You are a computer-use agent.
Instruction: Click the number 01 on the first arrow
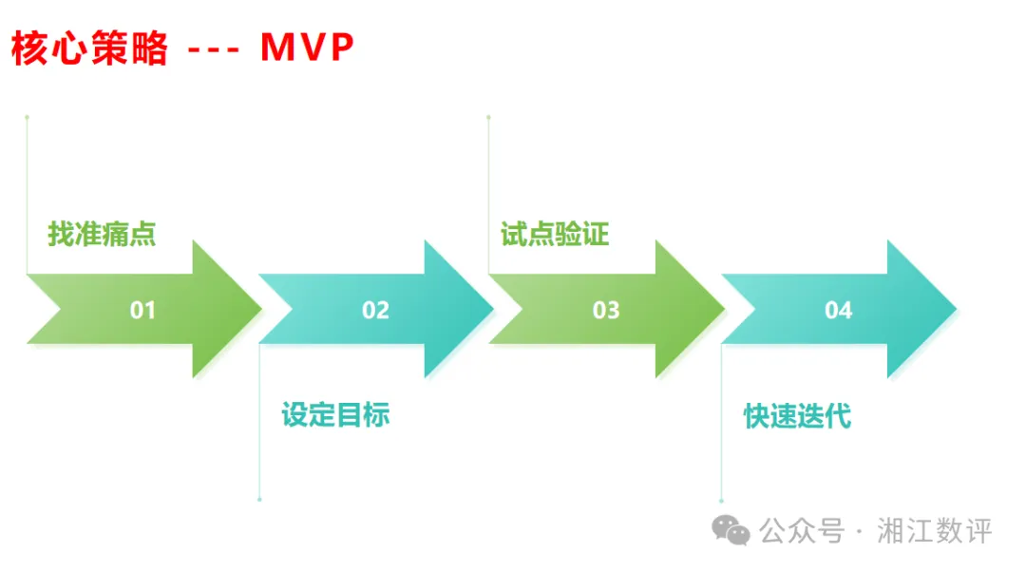click(x=142, y=310)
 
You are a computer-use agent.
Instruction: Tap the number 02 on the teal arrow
click(x=375, y=310)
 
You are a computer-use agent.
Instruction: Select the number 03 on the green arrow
click(x=606, y=310)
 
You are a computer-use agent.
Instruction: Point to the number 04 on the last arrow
click(x=838, y=310)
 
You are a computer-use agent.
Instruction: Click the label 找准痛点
click(x=102, y=234)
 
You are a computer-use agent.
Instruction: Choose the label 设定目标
click(x=335, y=415)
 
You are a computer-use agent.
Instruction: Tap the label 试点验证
click(x=555, y=234)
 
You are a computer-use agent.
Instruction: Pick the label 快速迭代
click(x=798, y=416)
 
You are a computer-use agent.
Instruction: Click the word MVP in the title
click(x=307, y=47)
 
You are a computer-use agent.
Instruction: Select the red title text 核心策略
click(x=89, y=48)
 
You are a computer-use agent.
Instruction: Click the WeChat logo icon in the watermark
click(x=731, y=530)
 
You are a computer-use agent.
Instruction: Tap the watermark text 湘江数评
click(x=935, y=531)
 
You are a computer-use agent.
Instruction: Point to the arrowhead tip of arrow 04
click(x=956, y=308)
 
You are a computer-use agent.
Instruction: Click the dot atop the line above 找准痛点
click(x=27, y=117)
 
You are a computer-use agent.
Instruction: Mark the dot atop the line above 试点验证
click(x=489, y=117)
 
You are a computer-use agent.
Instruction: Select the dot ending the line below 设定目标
click(x=259, y=500)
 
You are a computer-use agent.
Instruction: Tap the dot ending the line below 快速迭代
click(x=721, y=501)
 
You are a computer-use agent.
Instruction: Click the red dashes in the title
click(x=214, y=49)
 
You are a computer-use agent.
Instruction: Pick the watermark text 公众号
click(x=802, y=531)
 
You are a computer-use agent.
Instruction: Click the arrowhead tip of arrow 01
click(x=261, y=308)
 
